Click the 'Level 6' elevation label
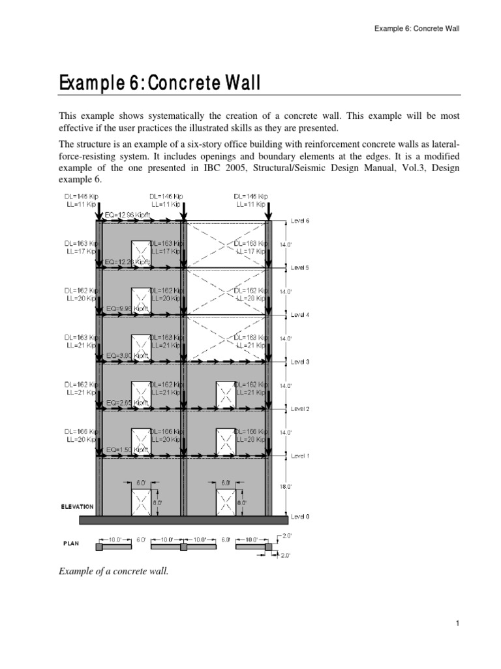[301, 220]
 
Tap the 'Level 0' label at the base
[300, 516]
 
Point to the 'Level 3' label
[300, 361]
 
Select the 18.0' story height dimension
[286, 486]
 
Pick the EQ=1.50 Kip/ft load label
[128, 449]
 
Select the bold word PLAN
[71, 542]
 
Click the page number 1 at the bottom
[459, 624]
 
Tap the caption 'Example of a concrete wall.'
[114, 571]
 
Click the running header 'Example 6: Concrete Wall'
[417, 29]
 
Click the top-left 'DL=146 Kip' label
[81, 196]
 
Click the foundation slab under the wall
[183, 519]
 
